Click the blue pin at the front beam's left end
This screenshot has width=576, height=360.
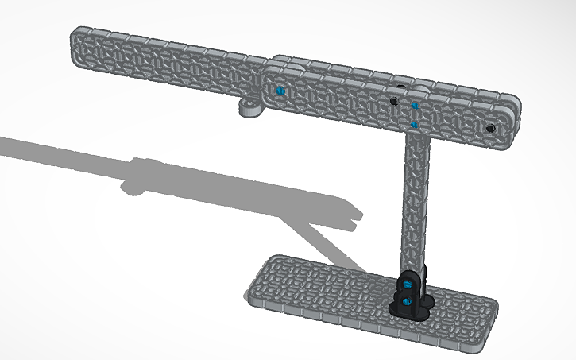[279, 91]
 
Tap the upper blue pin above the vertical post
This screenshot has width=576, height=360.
[414, 106]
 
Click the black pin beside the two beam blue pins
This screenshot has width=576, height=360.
[394, 102]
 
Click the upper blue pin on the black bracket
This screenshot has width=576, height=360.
[408, 284]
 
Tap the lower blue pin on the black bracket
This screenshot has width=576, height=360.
[408, 300]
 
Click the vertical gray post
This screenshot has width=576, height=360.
[416, 199]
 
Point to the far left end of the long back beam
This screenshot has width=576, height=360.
[76, 40]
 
